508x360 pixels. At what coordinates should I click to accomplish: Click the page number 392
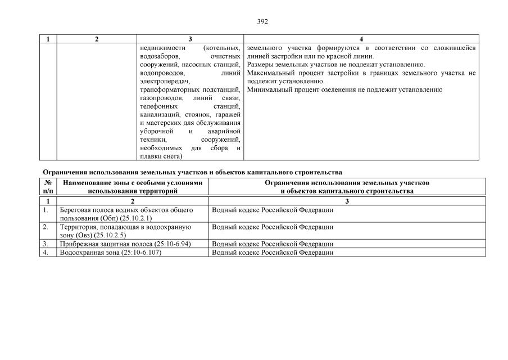(262, 21)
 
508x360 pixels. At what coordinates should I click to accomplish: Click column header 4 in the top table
(361, 39)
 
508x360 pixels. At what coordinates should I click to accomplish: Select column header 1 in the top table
(48, 39)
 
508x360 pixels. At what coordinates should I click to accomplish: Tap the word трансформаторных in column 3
(167, 89)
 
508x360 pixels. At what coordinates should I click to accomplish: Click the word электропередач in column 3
(161, 81)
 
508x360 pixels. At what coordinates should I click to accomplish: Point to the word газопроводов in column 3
(160, 98)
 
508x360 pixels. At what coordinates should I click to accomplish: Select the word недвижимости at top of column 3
(163, 48)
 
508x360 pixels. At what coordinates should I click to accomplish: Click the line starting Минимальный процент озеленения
(344, 89)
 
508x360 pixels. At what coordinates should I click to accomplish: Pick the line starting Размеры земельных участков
(336, 65)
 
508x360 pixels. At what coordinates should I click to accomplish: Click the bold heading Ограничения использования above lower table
(192, 172)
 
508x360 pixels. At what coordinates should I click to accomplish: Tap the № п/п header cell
(48, 187)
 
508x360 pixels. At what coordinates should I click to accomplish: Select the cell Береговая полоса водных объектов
(126, 214)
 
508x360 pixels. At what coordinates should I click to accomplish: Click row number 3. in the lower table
(46, 244)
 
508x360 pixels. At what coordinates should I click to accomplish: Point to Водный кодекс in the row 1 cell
(273, 210)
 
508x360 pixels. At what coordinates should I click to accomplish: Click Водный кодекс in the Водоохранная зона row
(273, 253)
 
